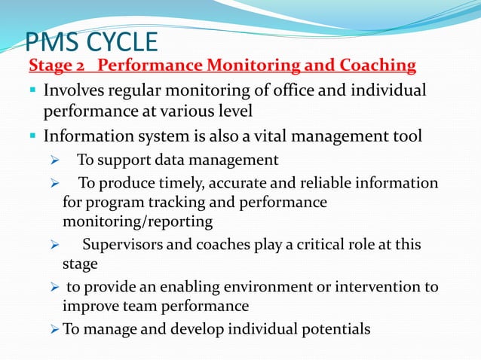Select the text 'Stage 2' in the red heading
pyautogui.click(x=57, y=66)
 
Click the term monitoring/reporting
pyautogui.click(x=137, y=221)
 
